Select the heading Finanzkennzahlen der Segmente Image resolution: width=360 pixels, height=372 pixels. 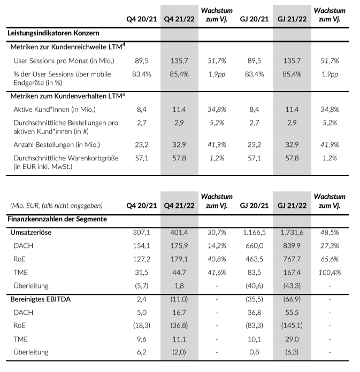57,219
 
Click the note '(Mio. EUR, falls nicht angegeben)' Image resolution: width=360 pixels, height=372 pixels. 56,205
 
